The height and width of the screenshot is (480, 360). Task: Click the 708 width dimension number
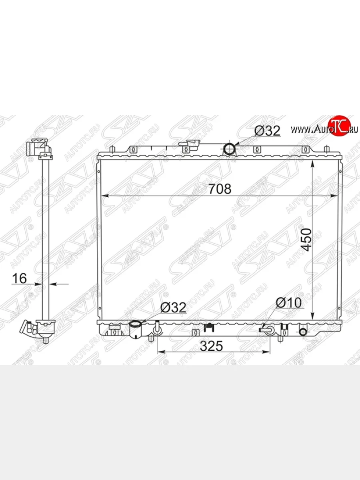pyautogui.click(x=220, y=189)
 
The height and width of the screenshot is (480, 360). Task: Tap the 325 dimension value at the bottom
pyautogui.click(x=211, y=346)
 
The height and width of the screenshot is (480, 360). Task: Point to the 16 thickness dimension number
pyautogui.click(x=19, y=278)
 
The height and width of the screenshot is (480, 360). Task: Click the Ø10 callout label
pyautogui.click(x=288, y=302)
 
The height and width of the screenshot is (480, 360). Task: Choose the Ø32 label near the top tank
pyautogui.click(x=267, y=131)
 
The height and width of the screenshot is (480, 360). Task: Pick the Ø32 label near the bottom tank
pyautogui.click(x=173, y=307)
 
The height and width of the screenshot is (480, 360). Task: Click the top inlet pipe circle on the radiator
pyautogui.click(x=229, y=149)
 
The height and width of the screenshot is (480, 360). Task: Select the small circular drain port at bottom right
pyautogui.click(x=303, y=332)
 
